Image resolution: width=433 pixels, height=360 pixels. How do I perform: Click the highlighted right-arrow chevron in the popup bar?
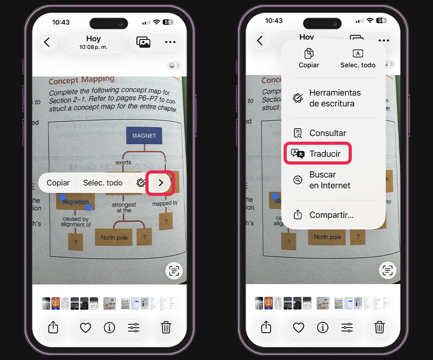(x=161, y=182)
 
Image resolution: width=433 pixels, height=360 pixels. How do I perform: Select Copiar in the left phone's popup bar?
(x=58, y=182)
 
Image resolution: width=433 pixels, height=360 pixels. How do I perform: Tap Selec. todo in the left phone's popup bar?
(x=103, y=182)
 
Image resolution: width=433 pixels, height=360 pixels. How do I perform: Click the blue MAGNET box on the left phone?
(x=144, y=135)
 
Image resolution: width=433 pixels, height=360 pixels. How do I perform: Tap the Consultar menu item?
(x=327, y=133)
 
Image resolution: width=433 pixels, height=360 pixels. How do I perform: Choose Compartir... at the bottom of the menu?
(x=331, y=215)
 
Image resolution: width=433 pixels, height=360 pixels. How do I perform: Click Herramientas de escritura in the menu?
(x=334, y=98)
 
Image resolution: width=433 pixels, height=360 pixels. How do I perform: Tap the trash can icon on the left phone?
(x=166, y=327)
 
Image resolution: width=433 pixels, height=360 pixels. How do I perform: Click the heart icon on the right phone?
(x=298, y=327)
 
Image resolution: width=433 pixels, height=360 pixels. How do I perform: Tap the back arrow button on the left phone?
(x=47, y=42)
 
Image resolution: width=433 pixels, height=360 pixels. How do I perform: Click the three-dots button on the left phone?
(x=170, y=42)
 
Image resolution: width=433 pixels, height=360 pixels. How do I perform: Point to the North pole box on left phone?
(x=114, y=238)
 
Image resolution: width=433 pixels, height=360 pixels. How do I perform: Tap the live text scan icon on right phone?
(x=387, y=270)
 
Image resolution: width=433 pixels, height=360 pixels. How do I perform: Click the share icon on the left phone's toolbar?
(x=53, y=327)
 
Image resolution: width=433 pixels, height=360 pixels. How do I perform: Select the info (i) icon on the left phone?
(x=109, y=327)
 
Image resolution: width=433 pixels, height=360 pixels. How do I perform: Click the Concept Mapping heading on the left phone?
(x=81, y=81)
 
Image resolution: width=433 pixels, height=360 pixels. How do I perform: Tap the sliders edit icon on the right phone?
(x=347, y=327)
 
